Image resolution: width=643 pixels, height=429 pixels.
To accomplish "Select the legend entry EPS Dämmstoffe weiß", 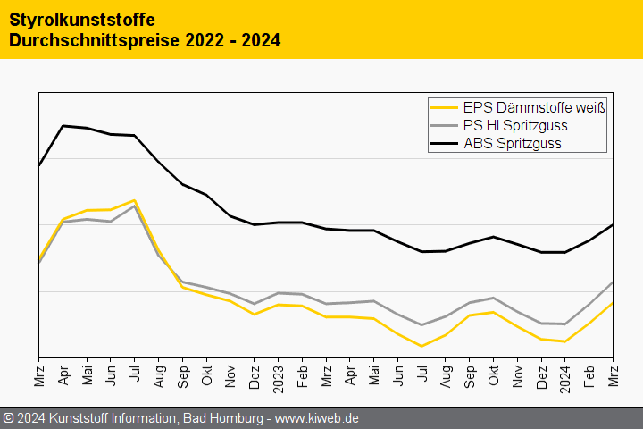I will click(534, 108).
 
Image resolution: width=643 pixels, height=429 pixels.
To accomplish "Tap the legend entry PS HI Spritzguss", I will click(515, 126).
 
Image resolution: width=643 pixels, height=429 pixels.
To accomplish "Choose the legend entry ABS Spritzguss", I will click(513, 144).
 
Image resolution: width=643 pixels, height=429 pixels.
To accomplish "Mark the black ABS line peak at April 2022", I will click(63, 126).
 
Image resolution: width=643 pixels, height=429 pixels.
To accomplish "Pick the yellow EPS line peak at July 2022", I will click(134, 200).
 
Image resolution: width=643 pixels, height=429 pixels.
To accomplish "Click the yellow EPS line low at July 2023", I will click(422, 346).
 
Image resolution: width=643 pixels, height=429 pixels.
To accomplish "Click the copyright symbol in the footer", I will click(9, 418).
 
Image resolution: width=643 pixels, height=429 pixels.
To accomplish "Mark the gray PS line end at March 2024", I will click(613, 282).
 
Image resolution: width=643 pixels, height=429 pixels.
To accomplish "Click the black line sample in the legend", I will click(444, 144).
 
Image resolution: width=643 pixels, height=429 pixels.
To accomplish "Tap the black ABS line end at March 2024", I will click(613, 224).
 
